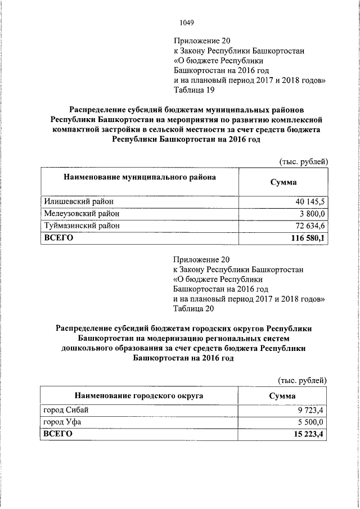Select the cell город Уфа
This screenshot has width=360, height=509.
pyautogui.click(x=62, y=421)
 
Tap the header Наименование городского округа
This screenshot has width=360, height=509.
pyautogui.click(x=139, y=396)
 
